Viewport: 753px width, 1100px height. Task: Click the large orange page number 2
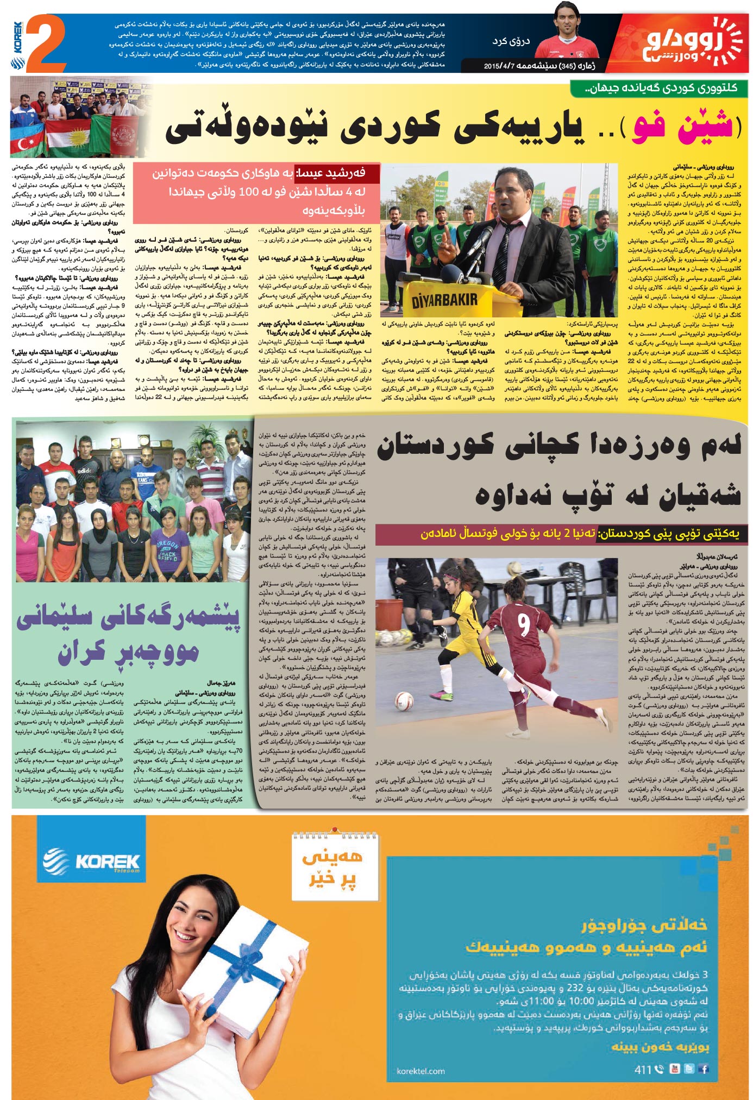(x=46, y=43)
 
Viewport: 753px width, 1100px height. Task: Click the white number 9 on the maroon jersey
(x=523, y=624)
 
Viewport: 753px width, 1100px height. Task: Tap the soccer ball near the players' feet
(x=403, y=701)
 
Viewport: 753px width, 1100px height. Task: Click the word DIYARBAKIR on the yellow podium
(x=444, y=299)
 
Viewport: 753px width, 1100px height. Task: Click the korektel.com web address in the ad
(x=421, y=1071)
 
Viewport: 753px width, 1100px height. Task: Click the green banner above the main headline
(x=658, y=88)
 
